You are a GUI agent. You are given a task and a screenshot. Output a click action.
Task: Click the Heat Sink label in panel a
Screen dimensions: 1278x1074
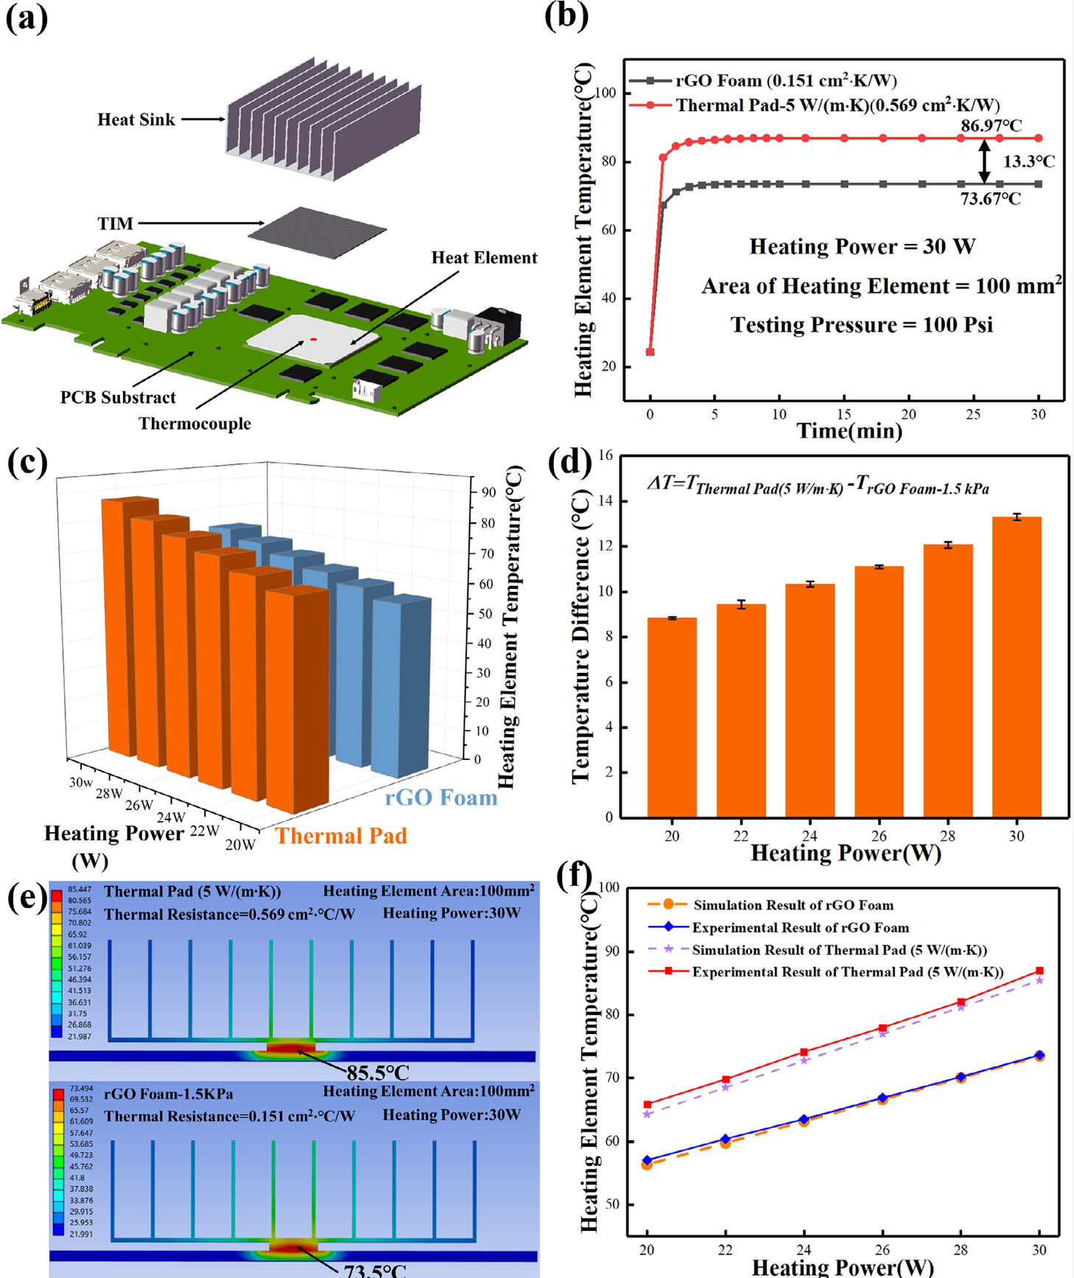tap(136, 119)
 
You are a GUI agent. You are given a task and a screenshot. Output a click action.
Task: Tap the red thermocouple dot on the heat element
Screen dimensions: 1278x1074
tap(314, 340)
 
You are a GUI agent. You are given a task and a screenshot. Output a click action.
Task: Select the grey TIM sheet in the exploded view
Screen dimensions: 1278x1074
tap(317, 232)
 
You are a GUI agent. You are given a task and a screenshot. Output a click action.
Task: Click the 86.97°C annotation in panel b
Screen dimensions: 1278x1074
tap(991, 125)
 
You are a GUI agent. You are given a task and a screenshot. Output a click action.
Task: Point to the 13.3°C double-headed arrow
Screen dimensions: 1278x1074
tap(984, 162)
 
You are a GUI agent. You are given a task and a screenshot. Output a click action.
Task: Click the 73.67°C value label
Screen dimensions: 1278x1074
tap(991, 198)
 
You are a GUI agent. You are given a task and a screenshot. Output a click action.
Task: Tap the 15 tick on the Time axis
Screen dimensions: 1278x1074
tap(844, 414)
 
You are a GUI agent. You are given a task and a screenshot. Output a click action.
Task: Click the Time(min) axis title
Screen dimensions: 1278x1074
tap(849, 431)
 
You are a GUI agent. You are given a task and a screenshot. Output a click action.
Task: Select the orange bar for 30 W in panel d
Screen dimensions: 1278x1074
tap(1017, 667)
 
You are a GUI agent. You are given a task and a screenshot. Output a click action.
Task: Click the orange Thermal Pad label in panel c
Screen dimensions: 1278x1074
tap(341, 836)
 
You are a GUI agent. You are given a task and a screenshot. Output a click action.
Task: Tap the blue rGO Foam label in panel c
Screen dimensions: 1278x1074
tap(441, 797)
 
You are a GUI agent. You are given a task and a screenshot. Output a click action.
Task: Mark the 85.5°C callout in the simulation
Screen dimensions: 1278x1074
tap(377, 1072)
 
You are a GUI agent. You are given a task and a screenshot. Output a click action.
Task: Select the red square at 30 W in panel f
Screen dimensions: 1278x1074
tap(1039, 971)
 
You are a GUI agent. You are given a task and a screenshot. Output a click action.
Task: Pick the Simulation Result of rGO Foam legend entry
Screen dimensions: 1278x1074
tap(793, 905)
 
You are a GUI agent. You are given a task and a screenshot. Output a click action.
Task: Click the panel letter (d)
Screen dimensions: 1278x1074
tap(570, 462)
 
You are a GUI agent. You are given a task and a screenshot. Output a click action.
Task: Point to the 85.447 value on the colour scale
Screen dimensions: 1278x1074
tap(80, 890)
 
